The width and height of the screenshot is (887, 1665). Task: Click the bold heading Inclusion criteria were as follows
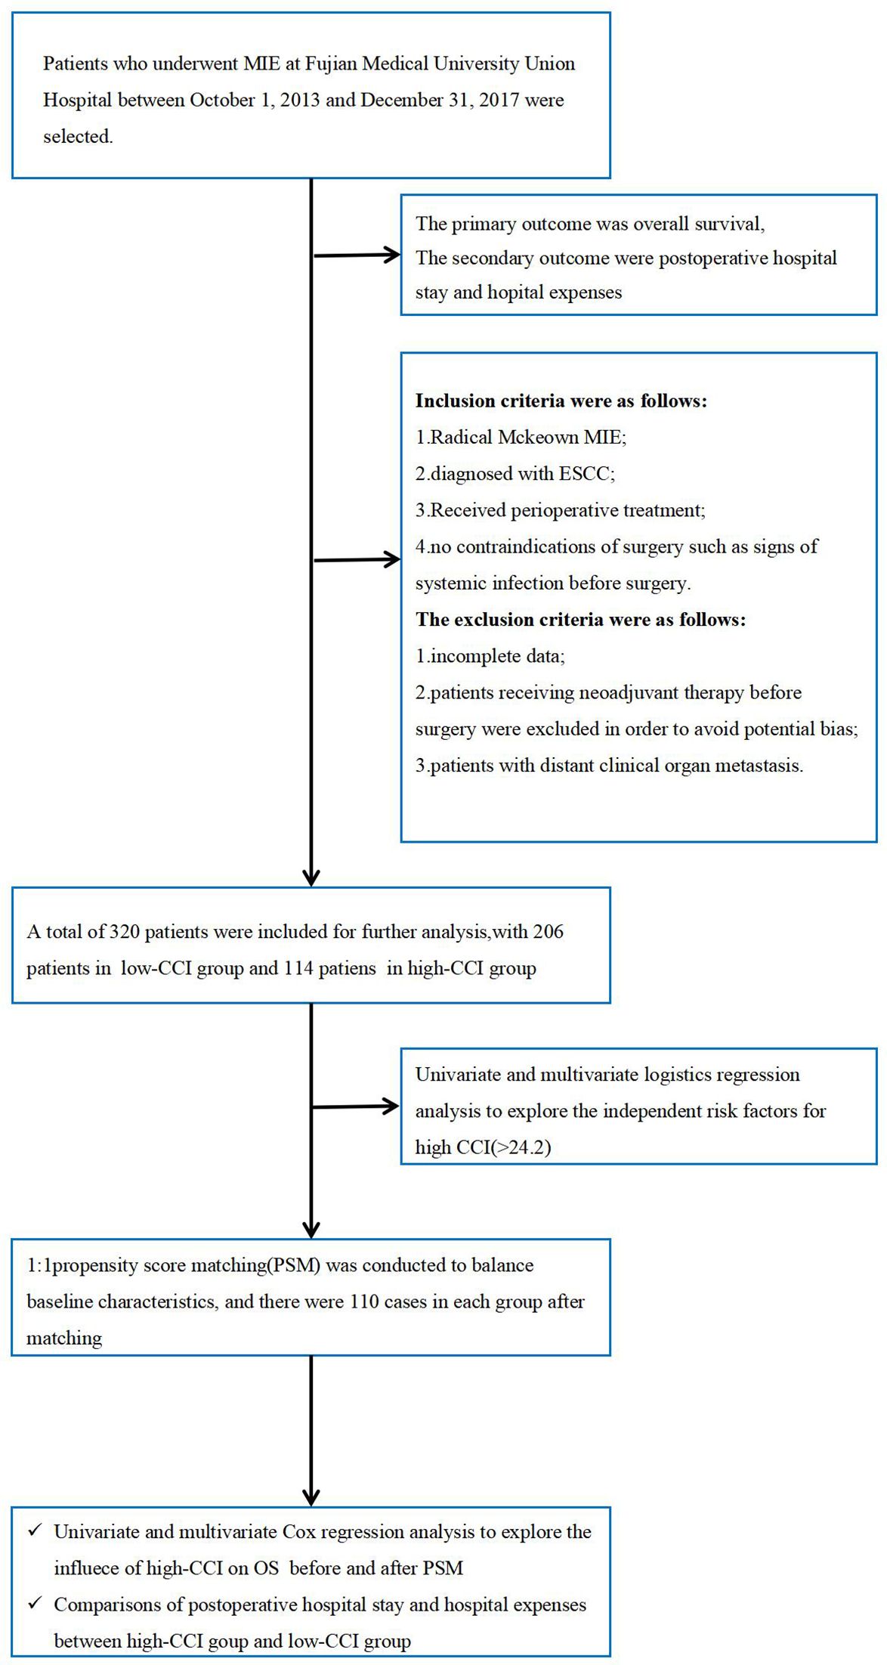coord(561,401)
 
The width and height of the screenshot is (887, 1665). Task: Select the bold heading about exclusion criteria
coord(580,620)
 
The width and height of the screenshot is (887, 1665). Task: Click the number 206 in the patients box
coord(548,932)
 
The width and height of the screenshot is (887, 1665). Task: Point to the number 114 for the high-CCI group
coord(298,968)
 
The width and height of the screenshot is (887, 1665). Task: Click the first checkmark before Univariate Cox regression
coord(35,1530)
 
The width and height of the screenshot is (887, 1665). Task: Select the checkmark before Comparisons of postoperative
coord(35,1603)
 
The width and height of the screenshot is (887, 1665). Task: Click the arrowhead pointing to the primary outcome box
coord(391,255)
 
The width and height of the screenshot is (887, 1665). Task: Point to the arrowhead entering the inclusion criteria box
coord(391,560)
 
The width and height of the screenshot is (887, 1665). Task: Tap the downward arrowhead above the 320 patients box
coord(311,877)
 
